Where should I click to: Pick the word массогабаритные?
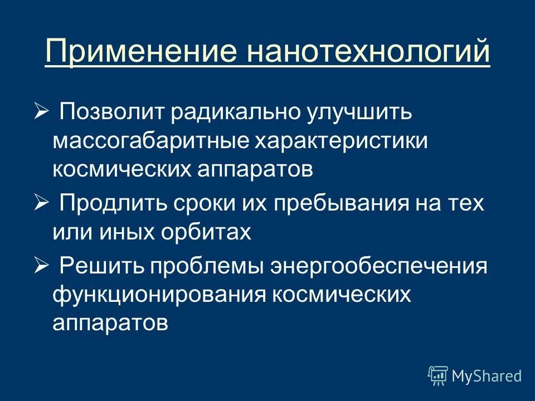(x=150, y=141)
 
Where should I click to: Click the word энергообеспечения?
(x=379, y=266)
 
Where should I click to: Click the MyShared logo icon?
(x=438, y=376)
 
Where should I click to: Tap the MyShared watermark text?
(x=487, y=376)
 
